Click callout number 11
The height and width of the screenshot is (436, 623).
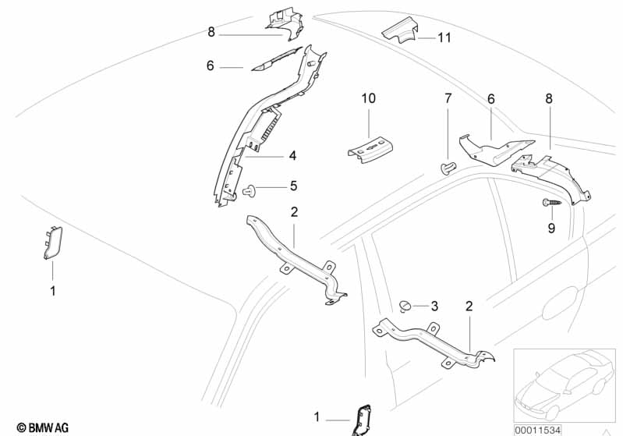point(444,37)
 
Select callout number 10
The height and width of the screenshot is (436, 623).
point(368,98)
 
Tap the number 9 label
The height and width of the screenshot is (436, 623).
point(551,228)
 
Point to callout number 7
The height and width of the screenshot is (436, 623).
point(448,98)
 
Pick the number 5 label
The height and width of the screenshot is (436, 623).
point(293,186)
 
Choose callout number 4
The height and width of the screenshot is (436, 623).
point(292,156)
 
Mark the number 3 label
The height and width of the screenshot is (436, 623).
point(434,306)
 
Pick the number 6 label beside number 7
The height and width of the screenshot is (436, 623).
point(491,99)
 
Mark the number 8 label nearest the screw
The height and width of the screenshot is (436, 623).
point(549,99)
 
